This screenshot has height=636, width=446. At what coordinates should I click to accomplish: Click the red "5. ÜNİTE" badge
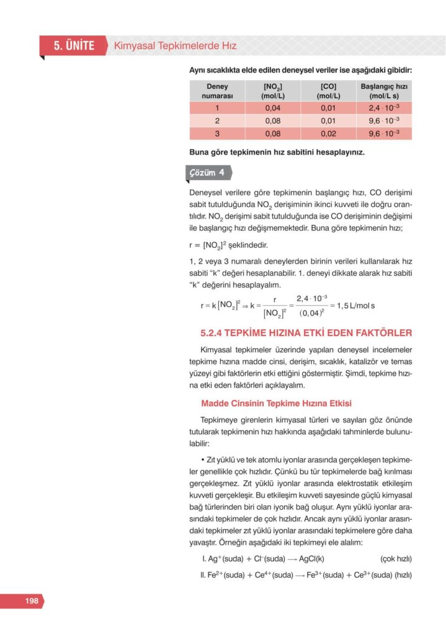73,45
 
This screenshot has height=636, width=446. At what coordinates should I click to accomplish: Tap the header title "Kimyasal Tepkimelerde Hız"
175,46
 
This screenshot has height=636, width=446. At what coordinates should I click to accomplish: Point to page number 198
32,601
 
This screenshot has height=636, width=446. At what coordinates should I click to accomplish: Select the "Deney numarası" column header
217,91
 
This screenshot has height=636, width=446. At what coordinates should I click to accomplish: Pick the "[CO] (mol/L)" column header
328,91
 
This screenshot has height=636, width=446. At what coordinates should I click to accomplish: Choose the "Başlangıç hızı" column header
383,91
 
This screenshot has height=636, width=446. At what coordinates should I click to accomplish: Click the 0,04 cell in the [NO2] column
273,107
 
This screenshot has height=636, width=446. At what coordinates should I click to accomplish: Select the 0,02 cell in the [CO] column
328,133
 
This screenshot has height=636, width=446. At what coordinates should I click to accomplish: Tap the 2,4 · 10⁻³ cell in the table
383,107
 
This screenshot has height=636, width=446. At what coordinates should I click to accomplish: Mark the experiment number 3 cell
217,133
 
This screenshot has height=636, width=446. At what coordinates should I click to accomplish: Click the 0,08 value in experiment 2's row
273,120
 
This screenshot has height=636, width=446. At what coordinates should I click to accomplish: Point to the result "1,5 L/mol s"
355,306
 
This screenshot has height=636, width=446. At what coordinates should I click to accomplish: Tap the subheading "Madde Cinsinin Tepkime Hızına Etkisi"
276,403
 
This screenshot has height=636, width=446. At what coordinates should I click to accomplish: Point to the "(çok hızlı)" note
396,558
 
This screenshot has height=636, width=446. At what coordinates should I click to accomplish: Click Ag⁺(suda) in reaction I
228,558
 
